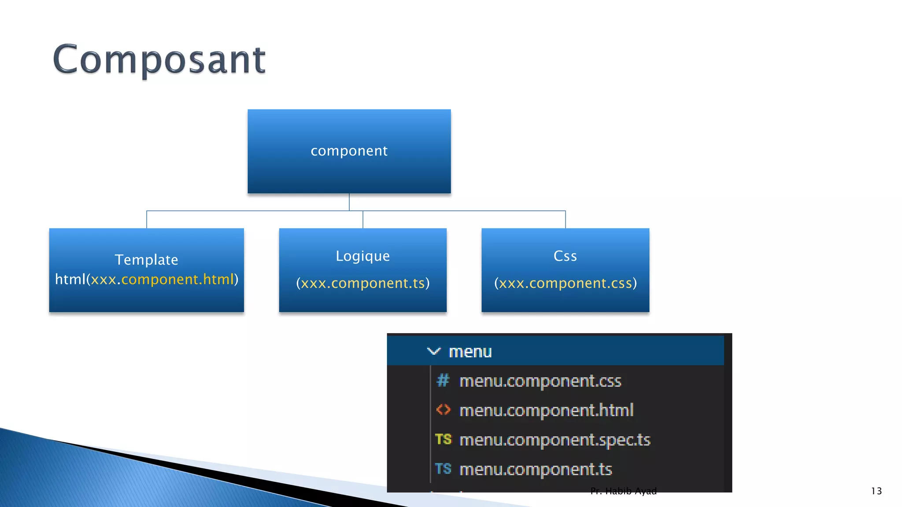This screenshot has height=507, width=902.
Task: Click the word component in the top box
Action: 349,151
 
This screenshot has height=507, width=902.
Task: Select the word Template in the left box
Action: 146,260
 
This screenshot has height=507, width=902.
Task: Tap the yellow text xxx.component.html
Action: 162,279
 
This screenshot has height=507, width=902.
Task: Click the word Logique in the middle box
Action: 362,256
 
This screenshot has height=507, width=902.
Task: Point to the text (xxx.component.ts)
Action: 362,283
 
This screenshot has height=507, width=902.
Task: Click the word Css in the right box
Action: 565,256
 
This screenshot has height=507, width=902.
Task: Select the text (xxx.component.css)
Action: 565,283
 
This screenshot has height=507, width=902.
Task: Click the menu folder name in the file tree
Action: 470,352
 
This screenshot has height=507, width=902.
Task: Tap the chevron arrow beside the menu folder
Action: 433,351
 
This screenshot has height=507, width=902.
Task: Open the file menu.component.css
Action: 540,381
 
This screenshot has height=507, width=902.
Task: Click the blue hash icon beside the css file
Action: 443,380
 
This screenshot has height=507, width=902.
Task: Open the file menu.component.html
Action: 546,410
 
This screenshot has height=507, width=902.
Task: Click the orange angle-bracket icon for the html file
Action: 443,410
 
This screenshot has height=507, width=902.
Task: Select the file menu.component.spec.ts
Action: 555,440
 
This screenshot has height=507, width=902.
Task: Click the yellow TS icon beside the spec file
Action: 443,439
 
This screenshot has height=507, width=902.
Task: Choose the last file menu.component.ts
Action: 536,469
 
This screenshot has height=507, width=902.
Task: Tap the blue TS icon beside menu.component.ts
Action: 443,469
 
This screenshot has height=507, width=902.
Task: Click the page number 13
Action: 876,491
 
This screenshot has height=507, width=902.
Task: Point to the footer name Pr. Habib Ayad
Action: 623,491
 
